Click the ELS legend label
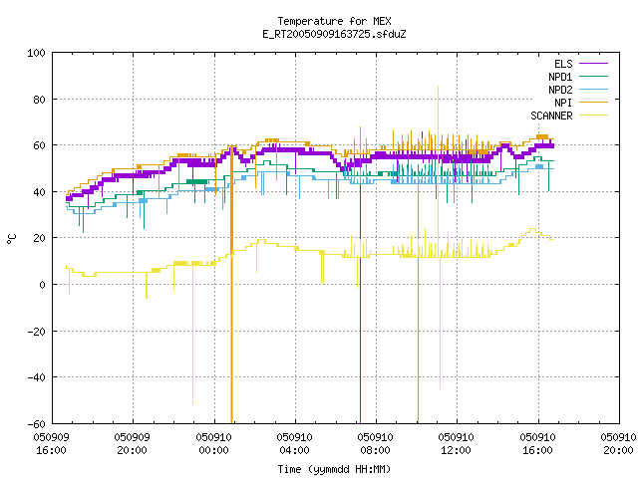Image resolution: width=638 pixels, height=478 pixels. point(563,64)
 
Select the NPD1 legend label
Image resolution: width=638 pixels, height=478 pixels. point(560,77)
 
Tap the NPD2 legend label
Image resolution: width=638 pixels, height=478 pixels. point(560,90)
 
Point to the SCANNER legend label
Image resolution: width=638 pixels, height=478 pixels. point(551,116)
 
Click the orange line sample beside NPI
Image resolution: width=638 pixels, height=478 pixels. point(593,103)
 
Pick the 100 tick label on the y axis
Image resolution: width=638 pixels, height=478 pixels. point(36,53)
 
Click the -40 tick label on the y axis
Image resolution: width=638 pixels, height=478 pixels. point(36,377)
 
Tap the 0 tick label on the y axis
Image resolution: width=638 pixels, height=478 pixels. point(42,285)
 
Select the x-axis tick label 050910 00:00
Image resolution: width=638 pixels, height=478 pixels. point(213,443)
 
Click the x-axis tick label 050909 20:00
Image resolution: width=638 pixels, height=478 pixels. point(132,443)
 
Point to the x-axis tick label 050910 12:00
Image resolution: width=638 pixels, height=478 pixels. point(456,443)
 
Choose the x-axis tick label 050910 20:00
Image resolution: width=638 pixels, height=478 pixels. point(618,443)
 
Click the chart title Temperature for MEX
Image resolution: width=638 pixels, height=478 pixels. point(334,21)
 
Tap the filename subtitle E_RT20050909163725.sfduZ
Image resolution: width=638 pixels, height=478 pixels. point(334,34)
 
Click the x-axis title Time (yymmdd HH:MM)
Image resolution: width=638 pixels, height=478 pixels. point(334,469)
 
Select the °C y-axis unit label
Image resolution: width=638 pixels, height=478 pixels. point(11,239)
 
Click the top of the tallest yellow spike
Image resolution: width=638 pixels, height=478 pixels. point(438,87)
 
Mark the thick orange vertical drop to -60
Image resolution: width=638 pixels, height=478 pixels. point(231,285)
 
